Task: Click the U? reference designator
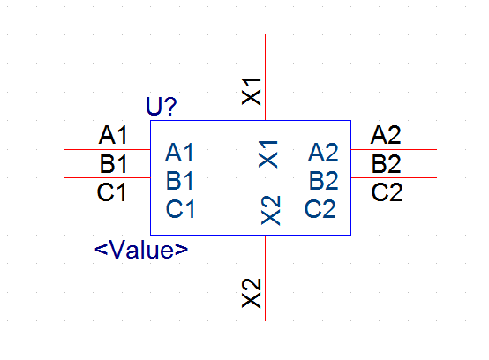(x=162, y=106)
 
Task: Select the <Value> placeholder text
(x=141, y=250)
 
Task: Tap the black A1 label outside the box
(x=113, y=135)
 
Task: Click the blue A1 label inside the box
(x=179, y=153)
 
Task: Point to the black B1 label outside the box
(x=113, y=163)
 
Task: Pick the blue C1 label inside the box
(x=180, y=209)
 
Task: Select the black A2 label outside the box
(x=386, y=135)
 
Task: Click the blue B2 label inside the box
(x=323, y=181)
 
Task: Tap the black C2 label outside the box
(x=387, y=192)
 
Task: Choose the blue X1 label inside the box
(x=268, y=154)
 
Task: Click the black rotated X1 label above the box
(x=252, y=92)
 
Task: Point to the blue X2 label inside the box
(x=270, y=210)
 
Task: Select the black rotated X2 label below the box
(x=252, y=293)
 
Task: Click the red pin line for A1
(x=108, y=150)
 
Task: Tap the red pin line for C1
(x=108, y=206)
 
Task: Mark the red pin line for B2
(x=394, y=177)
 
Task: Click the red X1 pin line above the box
(x=265, y=78)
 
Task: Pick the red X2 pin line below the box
(x=265, y=278)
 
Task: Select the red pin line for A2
(x=394, y=150)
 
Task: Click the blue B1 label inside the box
(x=180, y=181)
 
